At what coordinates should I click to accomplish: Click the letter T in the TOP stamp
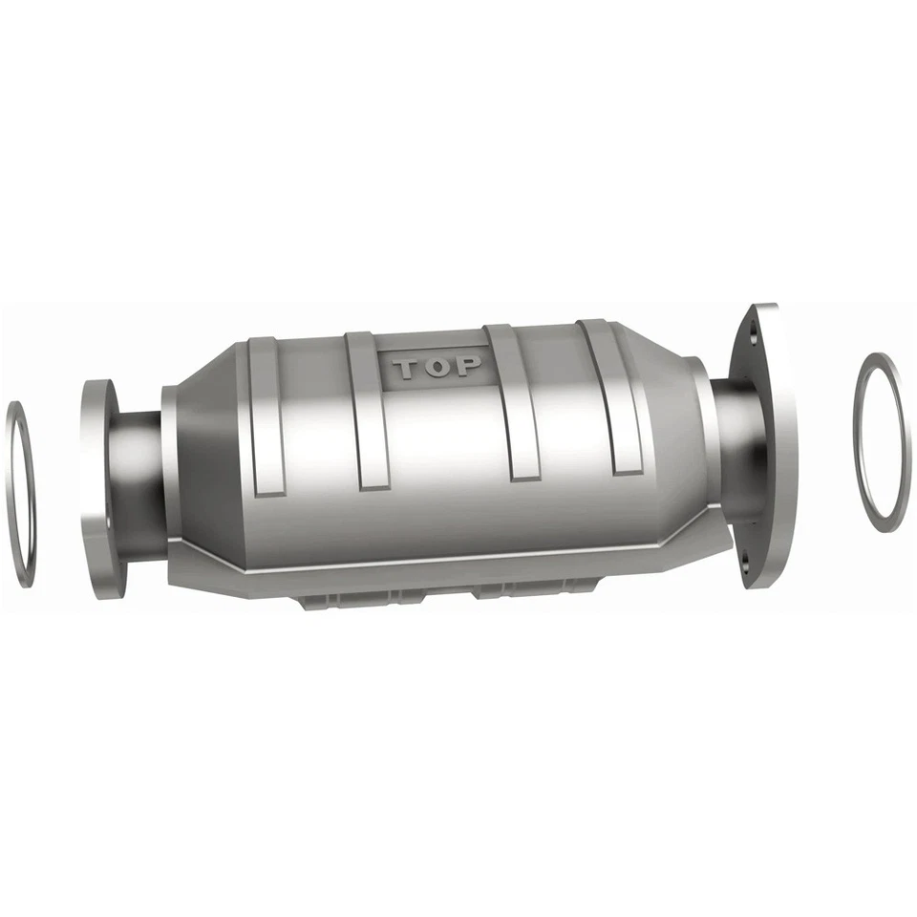(x=407, y=369)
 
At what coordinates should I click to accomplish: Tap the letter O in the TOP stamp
(x=438, y=368)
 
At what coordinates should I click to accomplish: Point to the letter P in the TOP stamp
(x=469, y=366)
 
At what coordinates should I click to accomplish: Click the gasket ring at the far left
(x=21, y=493)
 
